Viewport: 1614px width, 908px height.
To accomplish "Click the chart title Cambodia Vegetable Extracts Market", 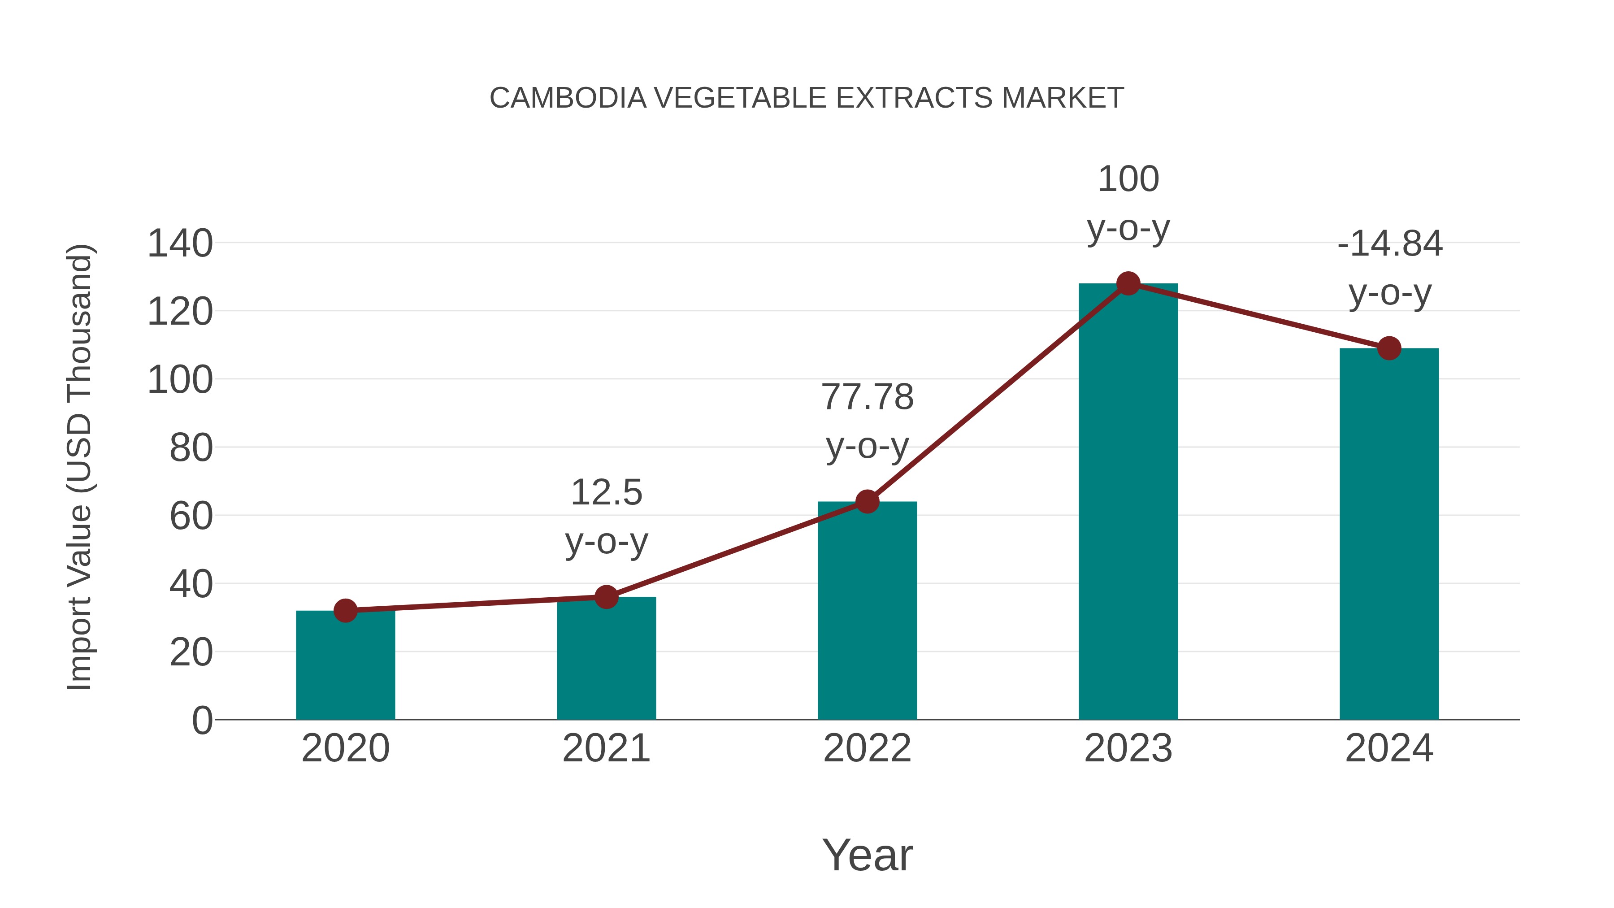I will (807, 98).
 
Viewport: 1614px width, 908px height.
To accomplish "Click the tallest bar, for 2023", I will (1128, 502).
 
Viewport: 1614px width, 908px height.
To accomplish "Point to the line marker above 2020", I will (345, 610).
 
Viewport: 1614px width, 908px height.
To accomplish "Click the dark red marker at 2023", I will (1128, 284).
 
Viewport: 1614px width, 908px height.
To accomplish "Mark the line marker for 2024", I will (1389, 348).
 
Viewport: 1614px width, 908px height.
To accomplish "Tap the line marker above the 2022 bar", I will (867, 501).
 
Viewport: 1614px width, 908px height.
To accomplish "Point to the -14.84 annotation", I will (1389, 268).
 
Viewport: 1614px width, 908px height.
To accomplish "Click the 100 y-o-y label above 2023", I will (1128, 203).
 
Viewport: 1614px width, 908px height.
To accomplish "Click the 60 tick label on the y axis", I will (191, 517).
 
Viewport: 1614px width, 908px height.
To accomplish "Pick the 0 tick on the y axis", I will (202, 721).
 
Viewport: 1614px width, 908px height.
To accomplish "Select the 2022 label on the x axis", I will (867, 748).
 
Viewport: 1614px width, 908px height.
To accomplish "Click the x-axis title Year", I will (867, 855).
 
